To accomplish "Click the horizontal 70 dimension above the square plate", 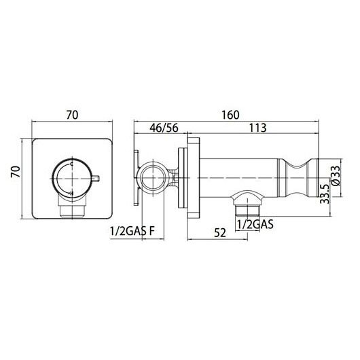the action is tap(72, 115).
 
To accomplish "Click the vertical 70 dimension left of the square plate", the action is tap(16, 171).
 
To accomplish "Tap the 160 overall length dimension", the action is tap(230, 115).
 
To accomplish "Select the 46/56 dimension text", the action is tap(164, 128).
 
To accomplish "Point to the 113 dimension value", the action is tap(258, 128).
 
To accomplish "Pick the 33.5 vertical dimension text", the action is tap(325, 194).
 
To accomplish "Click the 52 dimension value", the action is tap(220, 233).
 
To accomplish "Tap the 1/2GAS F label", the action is tap(132, 231).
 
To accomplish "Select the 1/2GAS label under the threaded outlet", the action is tap(255, 224).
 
